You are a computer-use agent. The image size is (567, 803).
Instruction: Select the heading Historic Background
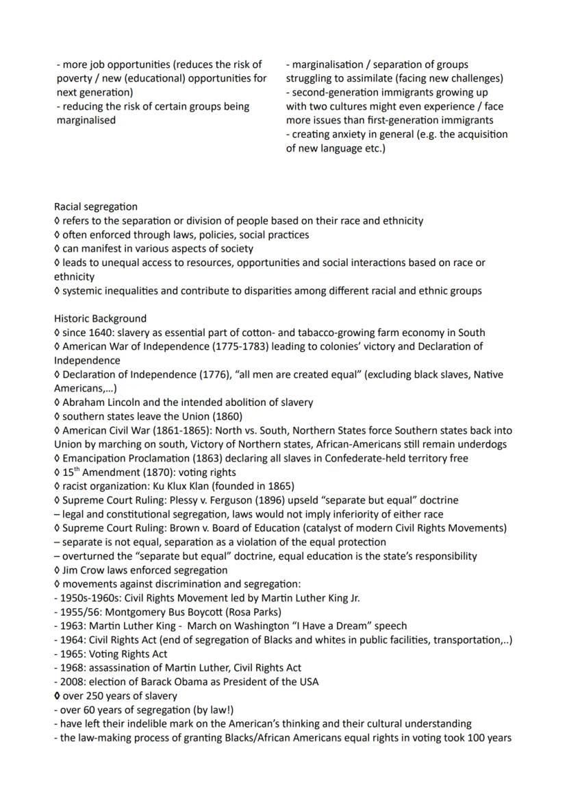100,318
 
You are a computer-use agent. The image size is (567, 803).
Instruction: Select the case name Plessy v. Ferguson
207,500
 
